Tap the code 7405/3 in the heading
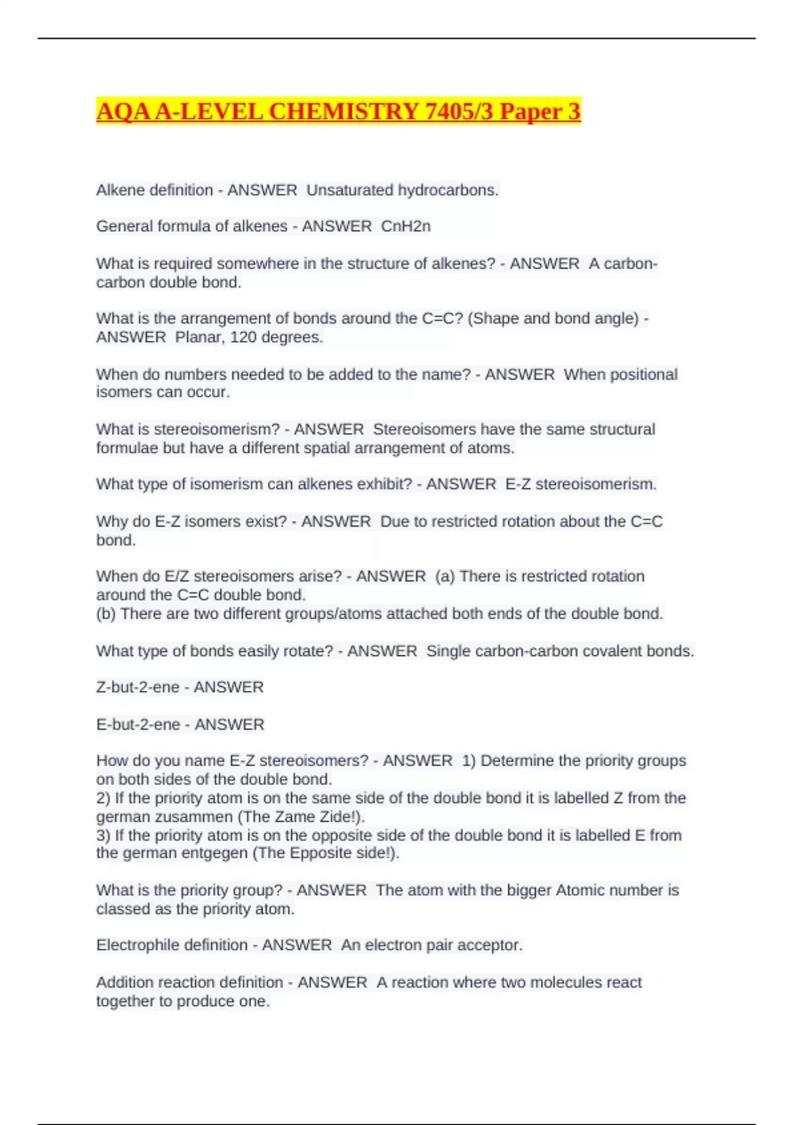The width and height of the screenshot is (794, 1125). click(459, 111)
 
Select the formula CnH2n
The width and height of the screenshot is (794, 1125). click(406, 226)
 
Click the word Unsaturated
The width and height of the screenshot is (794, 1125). click(349, 191)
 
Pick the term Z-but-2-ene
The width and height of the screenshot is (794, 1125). click(138, 688)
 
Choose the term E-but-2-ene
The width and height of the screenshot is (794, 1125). click(138, 725)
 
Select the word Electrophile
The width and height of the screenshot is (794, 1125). click(137, 945)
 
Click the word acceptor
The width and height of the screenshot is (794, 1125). click(492, 945)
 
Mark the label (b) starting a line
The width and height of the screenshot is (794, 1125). click(106, 614)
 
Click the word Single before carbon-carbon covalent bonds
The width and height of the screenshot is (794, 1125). click(448, 651)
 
